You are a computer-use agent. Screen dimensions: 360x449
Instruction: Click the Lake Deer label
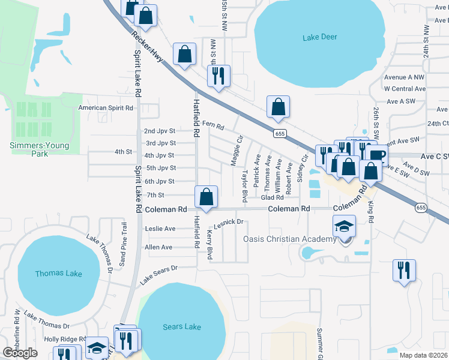click(320, 37)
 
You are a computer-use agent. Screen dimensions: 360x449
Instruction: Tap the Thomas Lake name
click(58, 274)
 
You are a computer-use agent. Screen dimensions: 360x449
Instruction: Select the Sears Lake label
click(182, 327)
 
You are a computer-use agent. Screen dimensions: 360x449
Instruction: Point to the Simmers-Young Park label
click(40, 149)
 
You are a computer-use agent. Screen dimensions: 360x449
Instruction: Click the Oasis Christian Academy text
click(289, 239)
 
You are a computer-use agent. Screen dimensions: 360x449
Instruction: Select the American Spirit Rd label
click(106, 108)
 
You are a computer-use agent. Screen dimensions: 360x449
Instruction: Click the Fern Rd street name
click(212, 125)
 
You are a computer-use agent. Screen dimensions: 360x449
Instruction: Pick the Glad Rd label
click(272, 197)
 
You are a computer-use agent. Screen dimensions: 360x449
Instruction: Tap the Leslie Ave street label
click(160, 229)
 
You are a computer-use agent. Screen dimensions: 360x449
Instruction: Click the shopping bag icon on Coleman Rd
click(206, 197)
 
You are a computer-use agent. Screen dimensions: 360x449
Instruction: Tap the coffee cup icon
click(377, 155)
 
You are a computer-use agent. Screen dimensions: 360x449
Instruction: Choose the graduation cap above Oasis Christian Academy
click(345, 226)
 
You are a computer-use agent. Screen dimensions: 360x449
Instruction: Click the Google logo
click(20, 353)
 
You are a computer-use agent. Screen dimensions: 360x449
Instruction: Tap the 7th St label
click(155, 195)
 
